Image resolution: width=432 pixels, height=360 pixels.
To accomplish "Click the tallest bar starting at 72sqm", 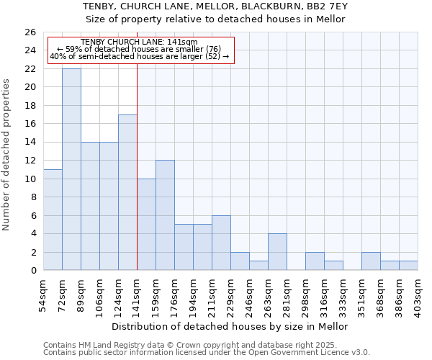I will pyautogui.click(x=71, y=169).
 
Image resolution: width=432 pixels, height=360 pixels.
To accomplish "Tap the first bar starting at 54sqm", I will pyautogui.click(x=53, y=220).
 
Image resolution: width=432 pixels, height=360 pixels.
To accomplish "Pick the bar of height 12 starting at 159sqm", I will pyautogui.click(x=165, y=215).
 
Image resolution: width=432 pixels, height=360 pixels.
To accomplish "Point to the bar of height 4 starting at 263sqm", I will pyautogui.click(x=277, y=252).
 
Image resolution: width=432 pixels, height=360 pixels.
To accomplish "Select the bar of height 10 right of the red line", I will pyautogui.click(x=146, y=225).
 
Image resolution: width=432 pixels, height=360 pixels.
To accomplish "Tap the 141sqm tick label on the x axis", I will pyautogui.click(x=138, y=293).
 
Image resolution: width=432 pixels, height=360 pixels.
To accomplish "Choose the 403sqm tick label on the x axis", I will pyautogui.click(x=418, y=293).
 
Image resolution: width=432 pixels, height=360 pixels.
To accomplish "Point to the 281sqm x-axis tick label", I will pyautogui.click(x=287, y=293).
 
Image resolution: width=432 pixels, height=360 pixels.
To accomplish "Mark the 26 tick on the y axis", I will pyautogui.click(x=30, y=32).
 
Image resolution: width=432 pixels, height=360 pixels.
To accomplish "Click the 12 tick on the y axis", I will pyautogui.click(x=30, y=161).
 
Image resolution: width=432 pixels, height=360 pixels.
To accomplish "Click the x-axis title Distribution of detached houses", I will pyautogui.click(x=230, y=326).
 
